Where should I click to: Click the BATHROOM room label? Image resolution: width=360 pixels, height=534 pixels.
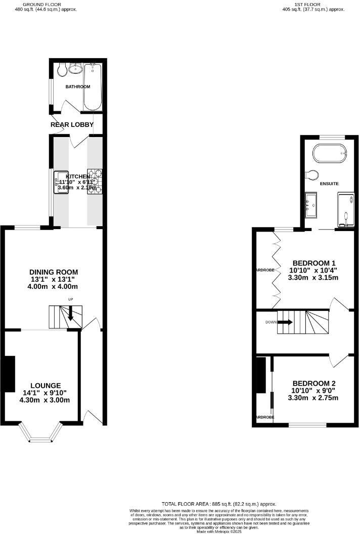click(78, 86)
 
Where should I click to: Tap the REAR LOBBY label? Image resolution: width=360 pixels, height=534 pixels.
click(72, 124)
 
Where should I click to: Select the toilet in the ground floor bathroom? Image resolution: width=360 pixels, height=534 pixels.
click(62, 69)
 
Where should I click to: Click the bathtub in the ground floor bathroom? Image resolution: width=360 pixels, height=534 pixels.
click(93, 86)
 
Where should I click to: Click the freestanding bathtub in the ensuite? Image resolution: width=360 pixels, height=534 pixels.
click(330, 152)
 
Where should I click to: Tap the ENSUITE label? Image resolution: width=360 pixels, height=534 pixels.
click(329, 183)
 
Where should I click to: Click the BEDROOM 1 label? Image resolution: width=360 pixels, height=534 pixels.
click(314, 263)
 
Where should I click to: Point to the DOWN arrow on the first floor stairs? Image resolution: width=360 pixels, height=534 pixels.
click(285, 322)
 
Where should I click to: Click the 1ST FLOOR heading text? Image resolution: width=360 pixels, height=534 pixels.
click(313, 4)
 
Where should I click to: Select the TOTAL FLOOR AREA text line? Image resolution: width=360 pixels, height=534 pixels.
click(219, 504)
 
